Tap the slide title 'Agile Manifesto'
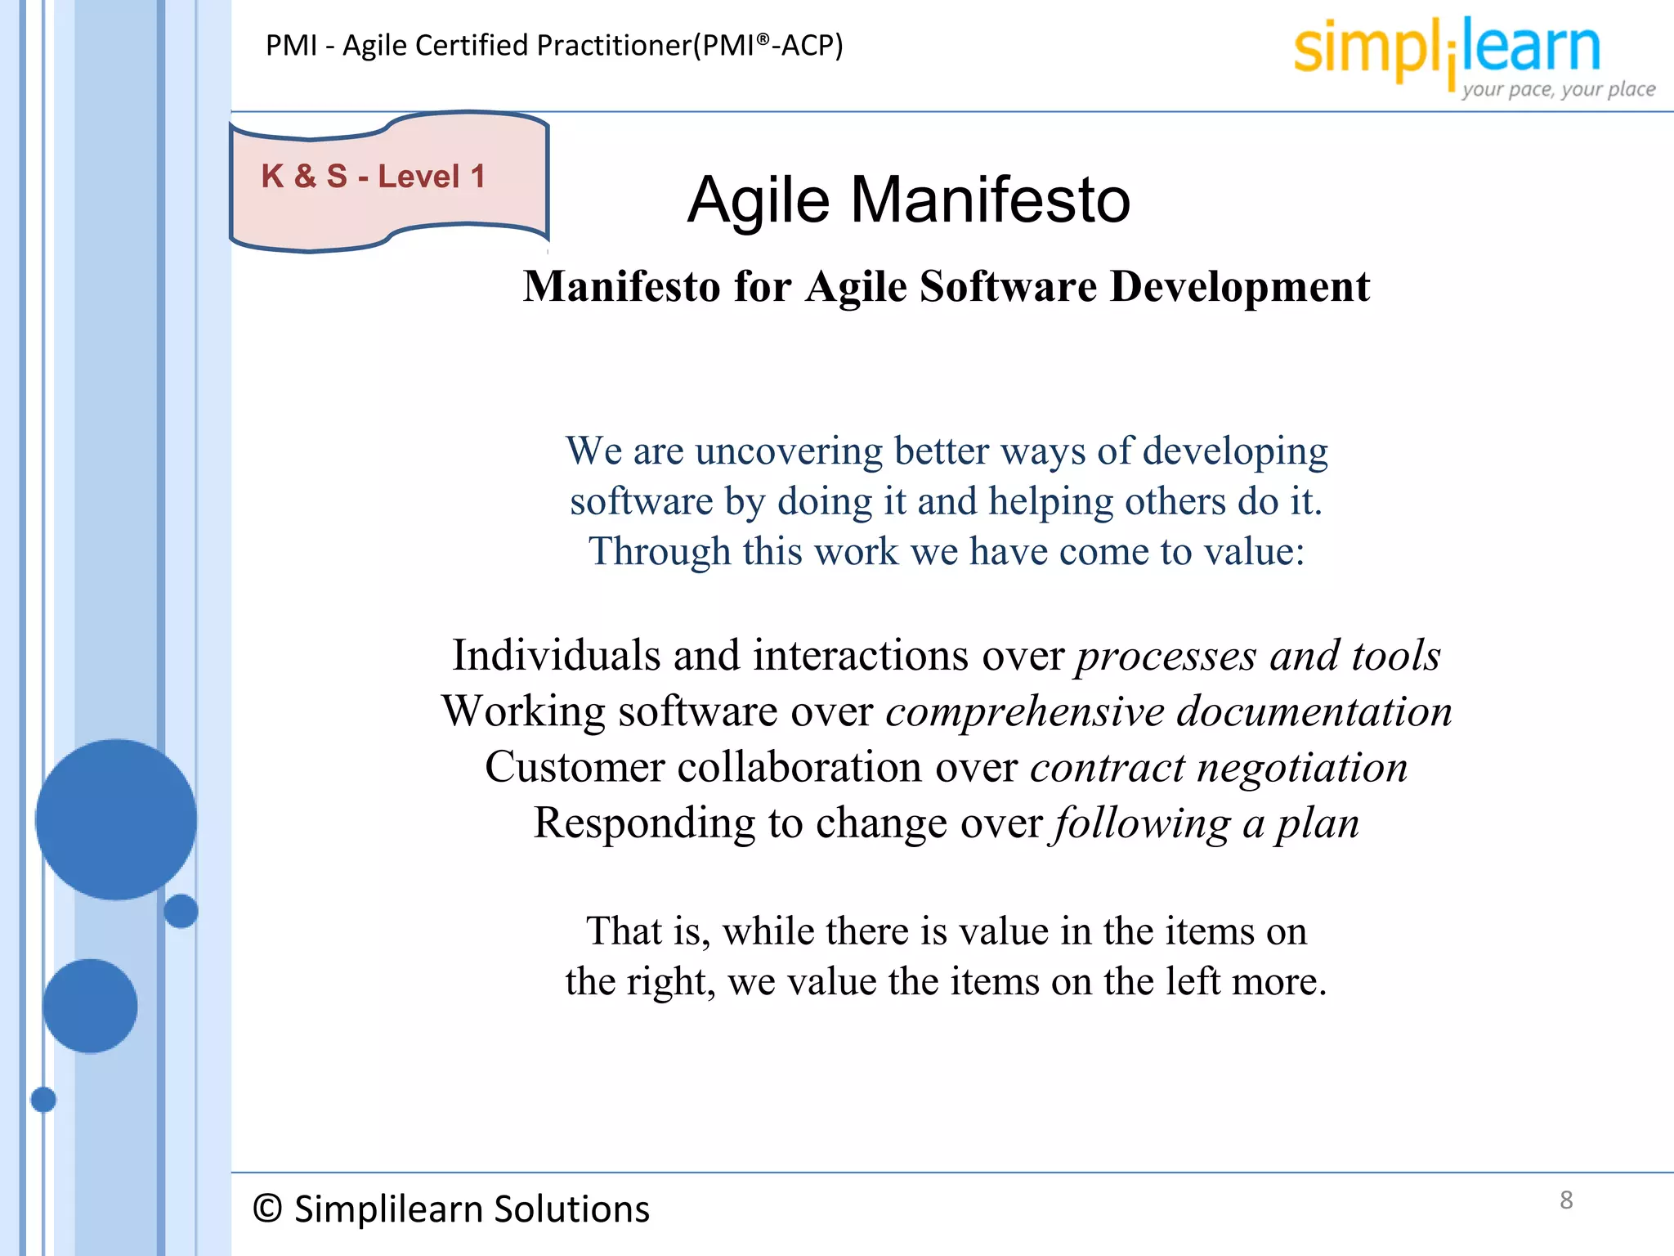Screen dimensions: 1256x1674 908,200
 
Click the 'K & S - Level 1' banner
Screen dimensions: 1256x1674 374,177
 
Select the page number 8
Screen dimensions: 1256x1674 1565,1200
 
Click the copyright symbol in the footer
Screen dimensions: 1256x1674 267,1209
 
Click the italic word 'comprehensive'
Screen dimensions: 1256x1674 1025,711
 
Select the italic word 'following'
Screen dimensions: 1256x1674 1142,823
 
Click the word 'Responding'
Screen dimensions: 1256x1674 644,823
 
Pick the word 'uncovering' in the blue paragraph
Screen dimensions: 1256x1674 789,451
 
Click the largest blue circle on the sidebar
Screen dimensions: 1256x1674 116,819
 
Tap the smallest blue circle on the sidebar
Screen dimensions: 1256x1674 43,1100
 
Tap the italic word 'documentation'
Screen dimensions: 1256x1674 1314,711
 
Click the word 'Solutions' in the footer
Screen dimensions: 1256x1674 571,1209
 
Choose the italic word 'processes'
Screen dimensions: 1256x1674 1166,656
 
